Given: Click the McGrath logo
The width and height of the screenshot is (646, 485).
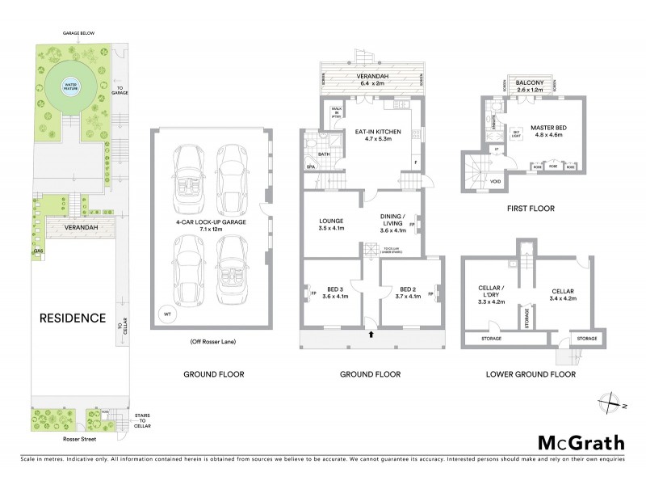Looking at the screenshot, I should pos(581,442).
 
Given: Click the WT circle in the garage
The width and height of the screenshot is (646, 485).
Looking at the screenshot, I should pos(167,314).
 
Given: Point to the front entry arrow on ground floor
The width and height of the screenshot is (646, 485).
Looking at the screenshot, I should pos(371,332).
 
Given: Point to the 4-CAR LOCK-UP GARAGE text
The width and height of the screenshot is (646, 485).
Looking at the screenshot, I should pos(210,224).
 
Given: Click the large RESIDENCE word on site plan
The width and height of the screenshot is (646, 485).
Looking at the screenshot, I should pos(73,318).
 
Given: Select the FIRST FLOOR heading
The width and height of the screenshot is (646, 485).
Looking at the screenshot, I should pos(530,208).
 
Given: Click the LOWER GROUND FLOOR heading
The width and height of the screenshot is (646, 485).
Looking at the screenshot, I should pos(530,374).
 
